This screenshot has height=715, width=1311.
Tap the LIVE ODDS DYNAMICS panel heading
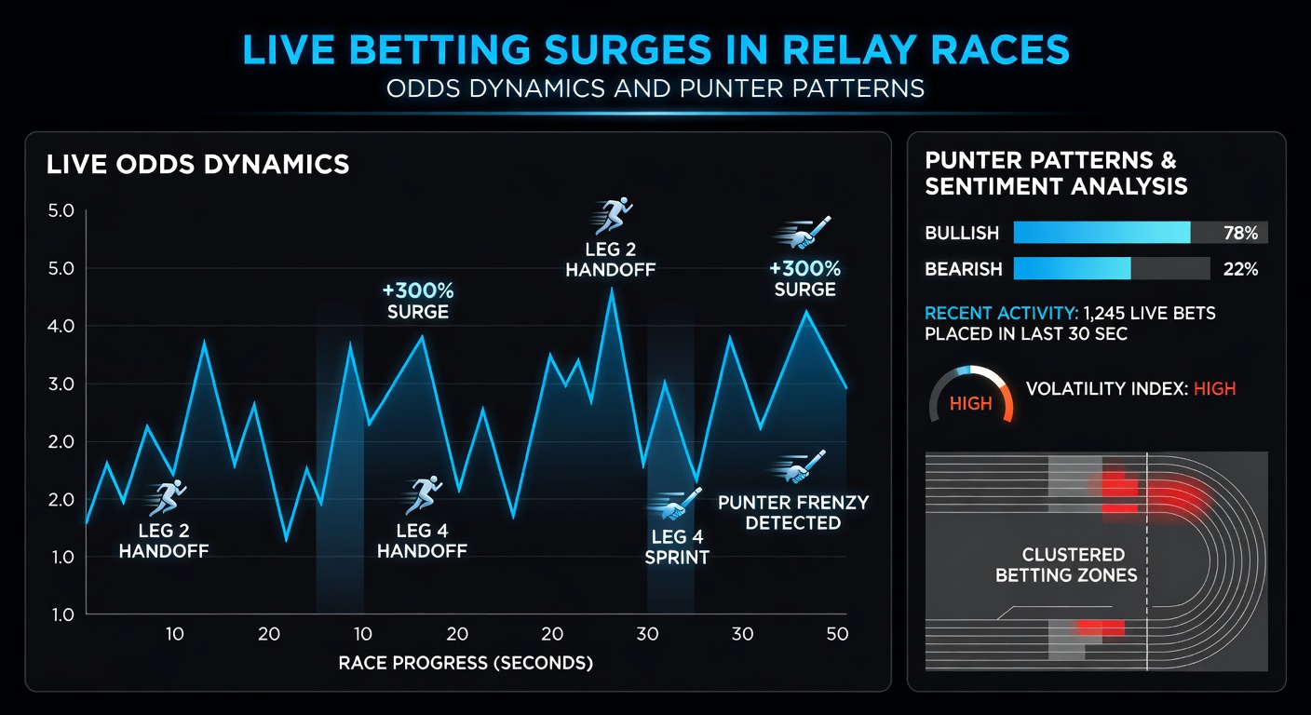coord(197,166)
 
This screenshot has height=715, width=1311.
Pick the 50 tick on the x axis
coord(836,634)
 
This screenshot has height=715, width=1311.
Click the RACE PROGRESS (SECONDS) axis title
coord(465,663)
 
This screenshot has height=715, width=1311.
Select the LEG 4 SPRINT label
coord(677,547)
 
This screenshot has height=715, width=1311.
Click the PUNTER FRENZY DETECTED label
coord(793,513)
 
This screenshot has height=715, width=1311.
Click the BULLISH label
coord(962,233)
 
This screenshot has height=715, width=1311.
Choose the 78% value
coord(1239,233)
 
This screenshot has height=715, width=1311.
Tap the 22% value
coord(1239,269)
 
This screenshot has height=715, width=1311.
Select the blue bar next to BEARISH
coord(1072,269)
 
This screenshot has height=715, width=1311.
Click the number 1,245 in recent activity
coord(1113,314)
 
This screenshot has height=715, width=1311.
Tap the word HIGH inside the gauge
coord(970,405)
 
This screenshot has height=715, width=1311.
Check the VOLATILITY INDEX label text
coord(1103,389)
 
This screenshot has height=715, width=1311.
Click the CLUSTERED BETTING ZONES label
coord(1066,565)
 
